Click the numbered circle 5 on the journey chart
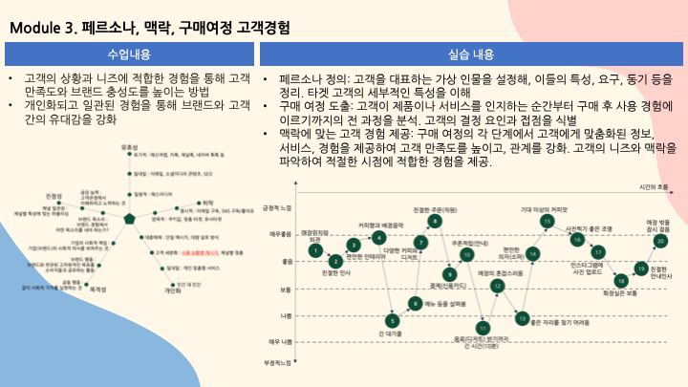[392, 320]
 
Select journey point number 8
[435, 221]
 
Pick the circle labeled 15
[547, 221]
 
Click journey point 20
[659, 241]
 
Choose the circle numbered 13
[523, 315]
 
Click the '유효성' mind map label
[131, 146]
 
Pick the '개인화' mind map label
[172, 290]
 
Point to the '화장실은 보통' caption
[620, 293]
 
